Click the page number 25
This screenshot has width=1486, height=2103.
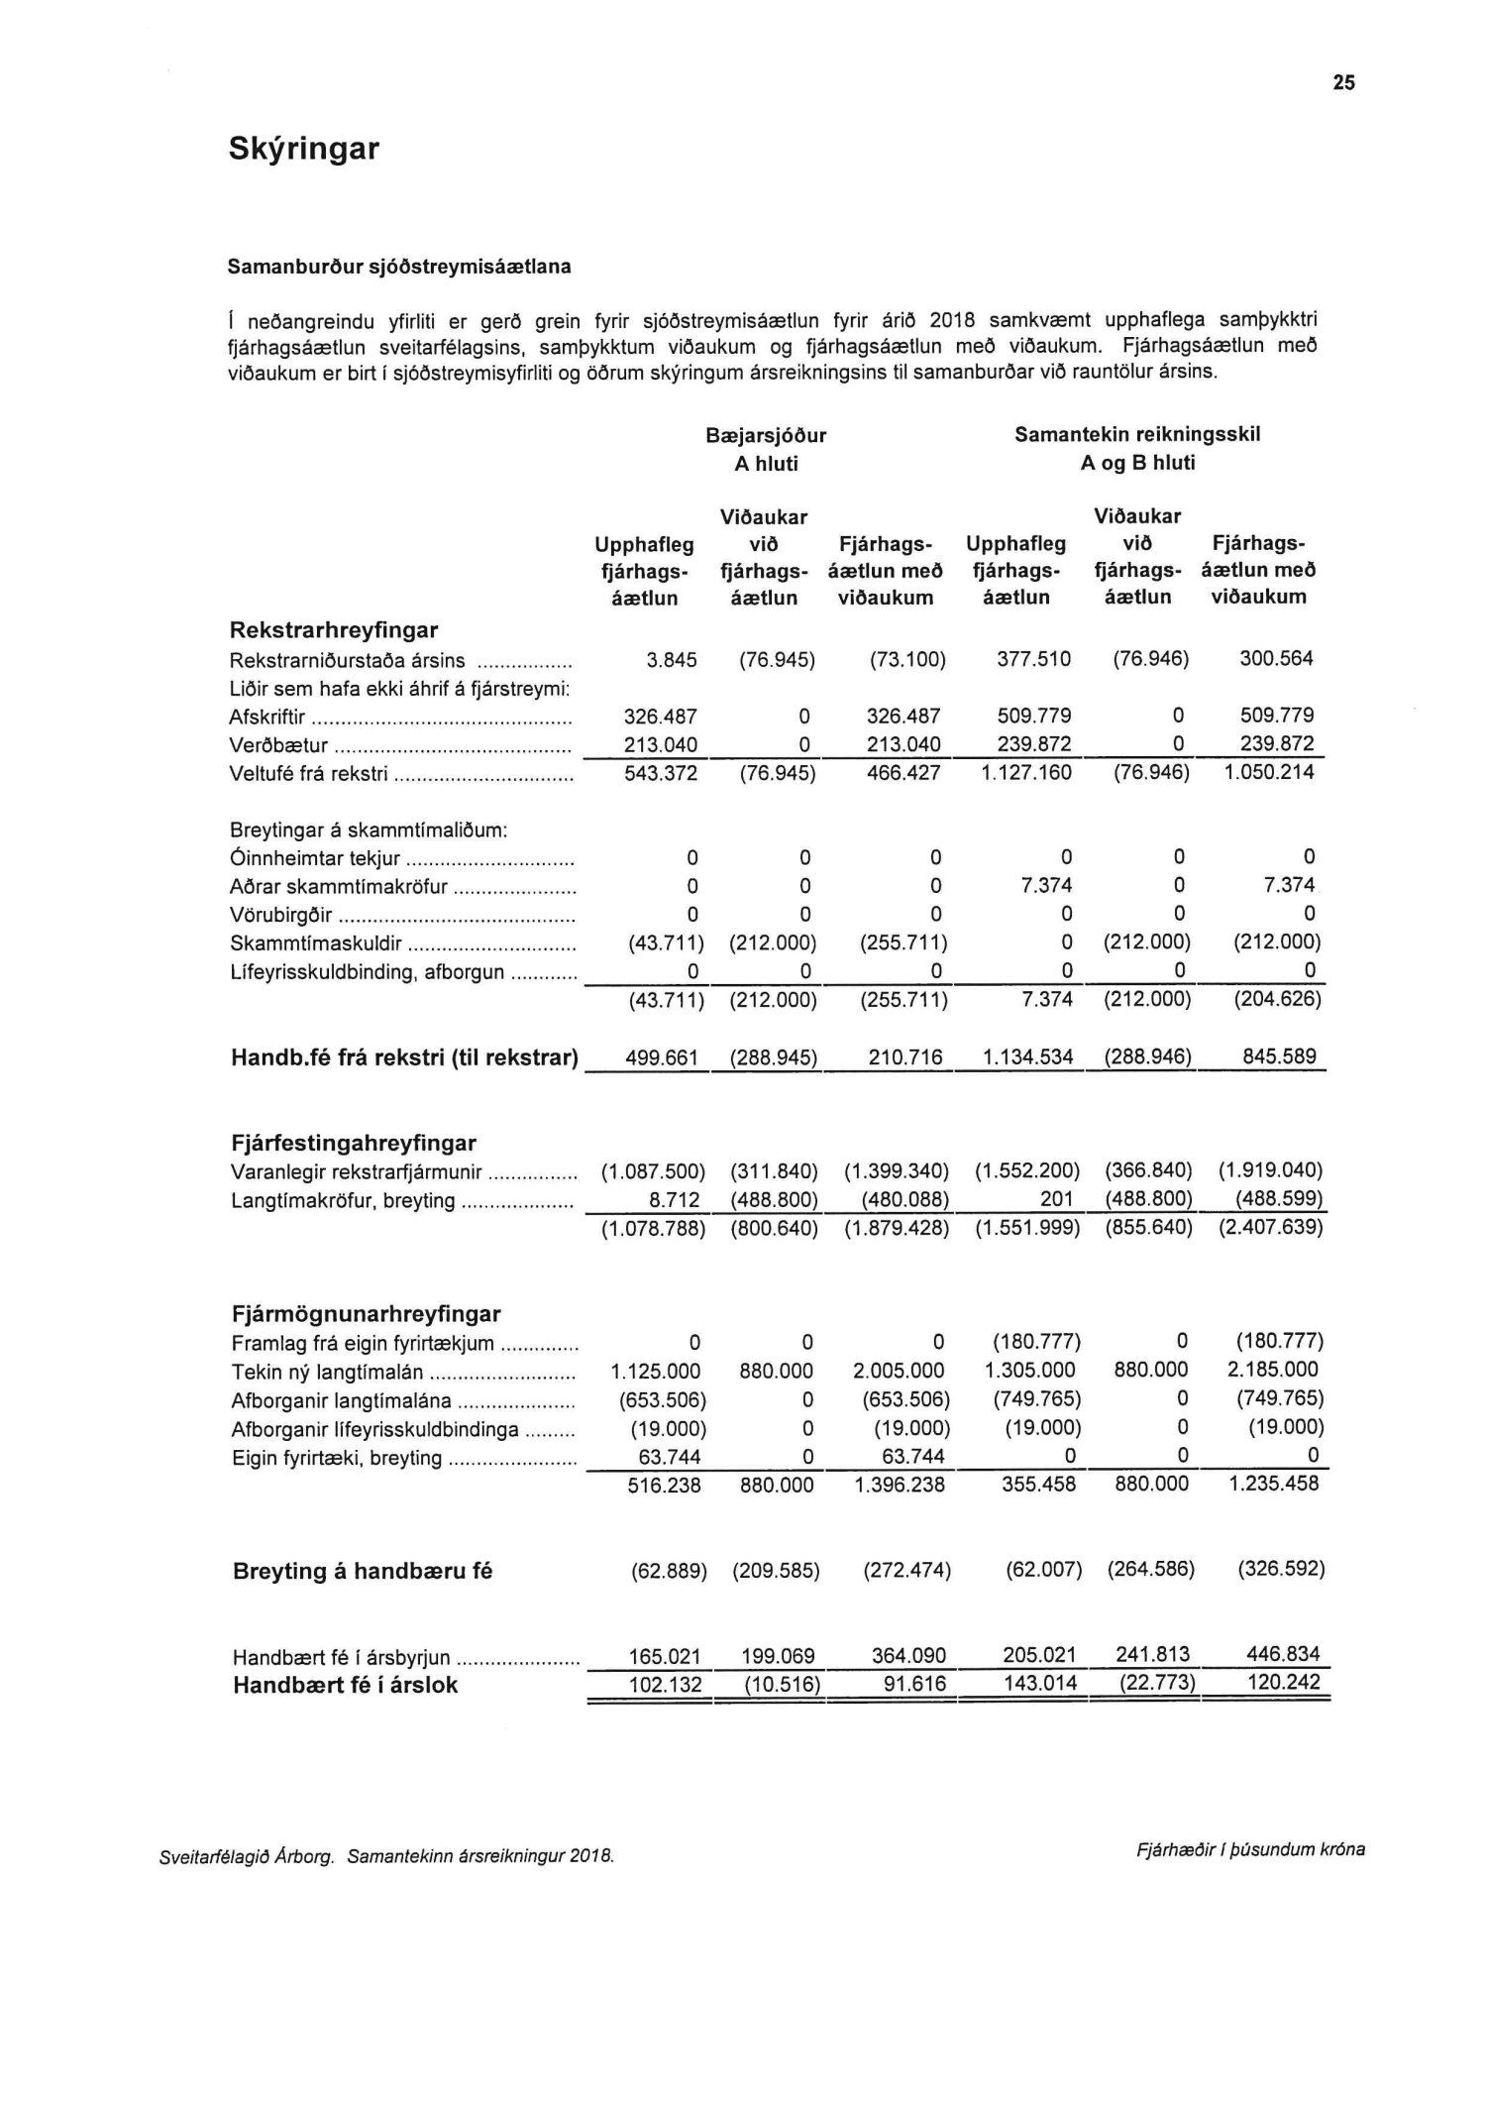[x=1342, y=83]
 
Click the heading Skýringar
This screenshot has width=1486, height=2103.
[x=304, y=150]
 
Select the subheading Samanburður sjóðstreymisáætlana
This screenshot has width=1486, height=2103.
[x=399, y=267]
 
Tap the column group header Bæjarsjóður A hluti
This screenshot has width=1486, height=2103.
[x=766, y=449]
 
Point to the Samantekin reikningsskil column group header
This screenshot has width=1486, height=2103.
[x=1137, y=449]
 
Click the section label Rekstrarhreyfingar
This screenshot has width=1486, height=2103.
[x=334, y=630]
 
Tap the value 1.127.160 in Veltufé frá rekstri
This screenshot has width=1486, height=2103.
[x=1026, y=773]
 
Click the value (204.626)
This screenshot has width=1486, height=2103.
[x=1277, y=1000]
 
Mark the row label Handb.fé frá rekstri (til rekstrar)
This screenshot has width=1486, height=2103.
[x=404, y=1057]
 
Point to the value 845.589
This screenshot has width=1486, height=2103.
[x=1280, y=1057]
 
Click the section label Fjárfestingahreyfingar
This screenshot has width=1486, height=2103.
[x=354, y=1144]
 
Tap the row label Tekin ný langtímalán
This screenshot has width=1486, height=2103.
[x=328, y=1373]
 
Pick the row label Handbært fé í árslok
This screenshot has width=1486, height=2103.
[x=346, y=1686]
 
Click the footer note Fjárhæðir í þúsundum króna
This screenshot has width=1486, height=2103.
[x=1251, y=1849]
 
